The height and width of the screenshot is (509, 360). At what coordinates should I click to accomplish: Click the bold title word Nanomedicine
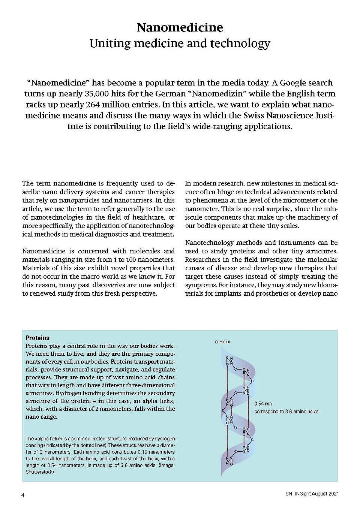click(180, 27)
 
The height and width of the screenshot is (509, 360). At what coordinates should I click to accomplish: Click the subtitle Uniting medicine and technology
click(180, 43)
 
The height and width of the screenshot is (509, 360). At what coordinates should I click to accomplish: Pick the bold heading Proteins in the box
click(37, 338)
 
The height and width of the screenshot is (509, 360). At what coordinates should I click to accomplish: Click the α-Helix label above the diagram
click(223, 341)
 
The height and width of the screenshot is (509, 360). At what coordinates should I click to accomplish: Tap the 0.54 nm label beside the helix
click(263, 404)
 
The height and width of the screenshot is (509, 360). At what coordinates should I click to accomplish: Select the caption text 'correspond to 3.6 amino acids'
click(286, 412)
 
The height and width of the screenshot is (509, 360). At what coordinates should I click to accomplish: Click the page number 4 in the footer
click(23, 495)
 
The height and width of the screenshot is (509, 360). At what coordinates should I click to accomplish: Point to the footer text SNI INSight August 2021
click(312, 494)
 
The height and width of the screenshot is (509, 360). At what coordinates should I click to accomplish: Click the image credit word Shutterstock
click(39, 472)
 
